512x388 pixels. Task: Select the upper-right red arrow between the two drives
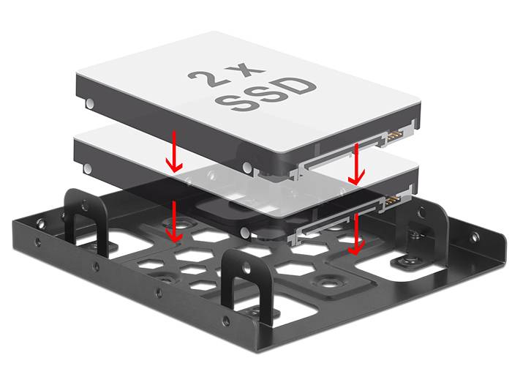point(356,164)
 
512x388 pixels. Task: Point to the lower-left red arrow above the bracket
point(174,222)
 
